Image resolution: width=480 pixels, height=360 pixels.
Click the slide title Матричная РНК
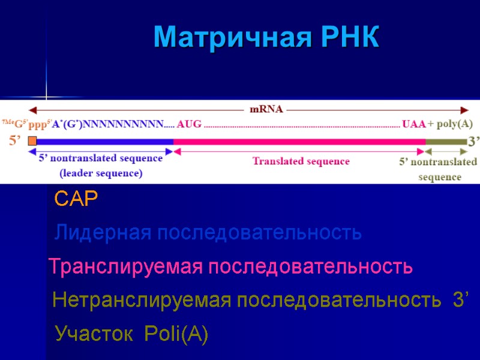(266, 38)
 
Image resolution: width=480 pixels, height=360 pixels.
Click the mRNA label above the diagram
(266, 110)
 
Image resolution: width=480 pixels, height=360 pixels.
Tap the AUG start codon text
(189, 125)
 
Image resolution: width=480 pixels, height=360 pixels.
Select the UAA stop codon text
(413, 125)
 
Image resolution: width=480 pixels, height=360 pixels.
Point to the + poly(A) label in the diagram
(450, 125)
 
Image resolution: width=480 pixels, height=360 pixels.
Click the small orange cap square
(32, 142)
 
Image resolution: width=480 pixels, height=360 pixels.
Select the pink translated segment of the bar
(300, 142)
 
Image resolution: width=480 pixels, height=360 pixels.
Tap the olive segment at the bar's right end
(446, 142)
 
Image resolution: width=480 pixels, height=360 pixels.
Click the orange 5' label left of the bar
(16, 142)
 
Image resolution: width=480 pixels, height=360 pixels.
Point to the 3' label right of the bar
(474, 142)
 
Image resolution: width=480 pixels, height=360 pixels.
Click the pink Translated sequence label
(301, 161)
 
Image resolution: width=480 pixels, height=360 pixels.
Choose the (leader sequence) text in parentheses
(101, 174)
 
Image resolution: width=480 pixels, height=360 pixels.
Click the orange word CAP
(76, 199)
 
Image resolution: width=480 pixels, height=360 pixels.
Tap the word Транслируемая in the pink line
(124, 266)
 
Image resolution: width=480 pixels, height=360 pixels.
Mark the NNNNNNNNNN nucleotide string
(124, 125)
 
